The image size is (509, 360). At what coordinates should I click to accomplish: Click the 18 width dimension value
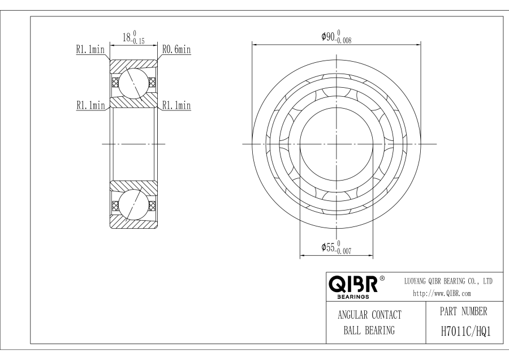click(x=127, y=38)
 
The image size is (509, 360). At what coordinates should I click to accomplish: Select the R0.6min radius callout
click(x=176, y=50)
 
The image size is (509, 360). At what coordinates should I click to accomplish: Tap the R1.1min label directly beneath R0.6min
click(x=176, y=105)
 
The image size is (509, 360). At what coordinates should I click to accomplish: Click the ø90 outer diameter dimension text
click(x=328, y=37)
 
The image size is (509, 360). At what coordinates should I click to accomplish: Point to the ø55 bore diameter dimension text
click(x=328, y=247)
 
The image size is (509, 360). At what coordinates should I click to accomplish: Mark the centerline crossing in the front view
click(x=337, y=144)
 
